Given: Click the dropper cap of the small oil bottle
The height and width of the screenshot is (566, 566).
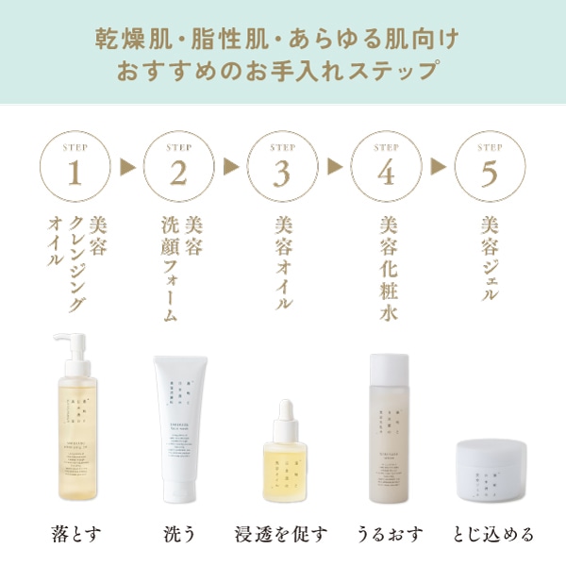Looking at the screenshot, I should (x=282, y=412).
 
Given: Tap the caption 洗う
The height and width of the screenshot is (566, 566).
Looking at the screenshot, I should (x=178, y=534).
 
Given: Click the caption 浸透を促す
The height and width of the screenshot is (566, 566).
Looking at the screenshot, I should (x=282, y=534).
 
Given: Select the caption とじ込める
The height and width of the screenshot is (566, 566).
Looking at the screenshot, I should (x=493, y=534).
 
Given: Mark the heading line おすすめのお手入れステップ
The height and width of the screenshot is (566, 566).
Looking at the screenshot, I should (x=282, y=71).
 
